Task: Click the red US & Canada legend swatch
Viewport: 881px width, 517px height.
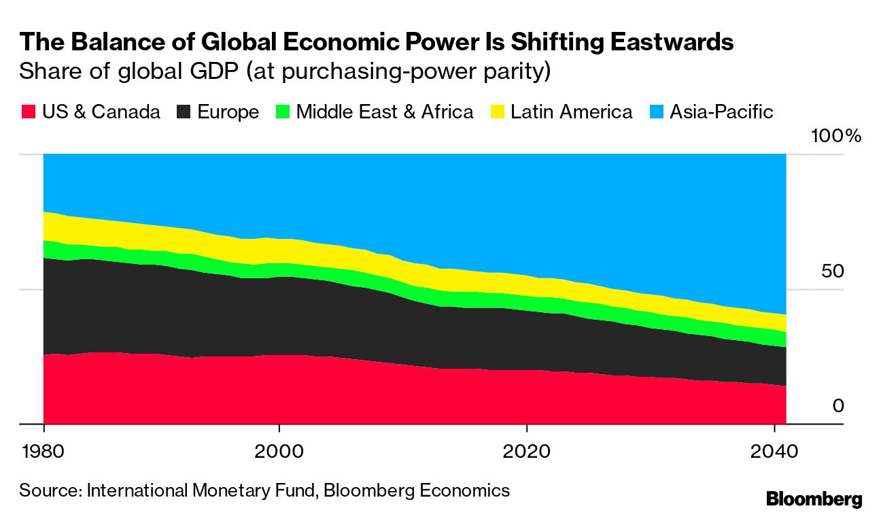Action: click(29, 112)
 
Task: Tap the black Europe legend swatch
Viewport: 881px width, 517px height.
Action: click(184, 112)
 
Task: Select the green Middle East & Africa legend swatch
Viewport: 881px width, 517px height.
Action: click(283, 112)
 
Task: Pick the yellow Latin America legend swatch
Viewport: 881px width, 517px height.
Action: click(498, 112)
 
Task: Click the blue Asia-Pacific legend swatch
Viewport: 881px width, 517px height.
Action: click(657, 112)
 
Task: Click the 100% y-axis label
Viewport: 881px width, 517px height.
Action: click(835, 136)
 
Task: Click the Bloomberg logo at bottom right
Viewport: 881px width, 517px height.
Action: click(814, 499)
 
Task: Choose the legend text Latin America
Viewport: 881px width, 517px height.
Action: click(571, 112)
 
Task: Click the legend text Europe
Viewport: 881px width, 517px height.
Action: click(228, 112)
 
